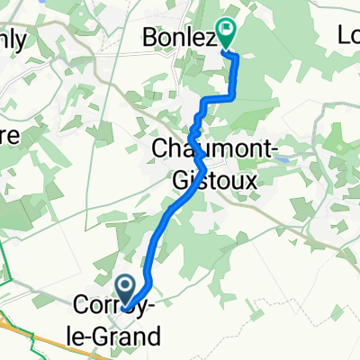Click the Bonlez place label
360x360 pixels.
pyautogui.click(x=180, y=38)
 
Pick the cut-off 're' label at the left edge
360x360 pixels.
pyautogui.click(x=8, y=133)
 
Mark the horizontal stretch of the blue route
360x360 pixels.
pyautogui.click(x=221, y=97)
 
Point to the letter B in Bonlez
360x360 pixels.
pyautogui.click(x=151, y=38)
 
